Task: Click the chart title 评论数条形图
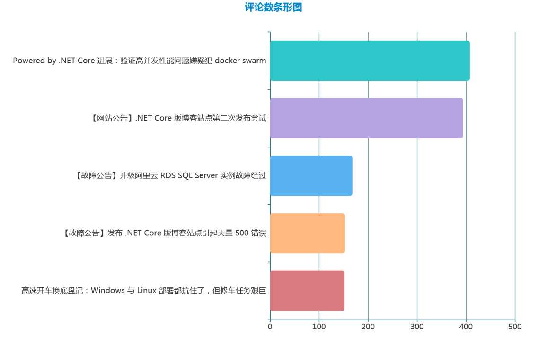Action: point(273,8)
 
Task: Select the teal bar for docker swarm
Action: point(370,61)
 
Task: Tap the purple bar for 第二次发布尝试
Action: point(366,118)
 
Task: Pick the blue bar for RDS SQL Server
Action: point(311,176)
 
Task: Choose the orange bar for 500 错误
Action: point(307,233)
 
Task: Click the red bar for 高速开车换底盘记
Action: point(307,291)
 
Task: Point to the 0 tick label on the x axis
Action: point(270,327)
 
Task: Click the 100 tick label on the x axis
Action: point(319,327)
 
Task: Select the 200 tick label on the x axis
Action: point(368,327)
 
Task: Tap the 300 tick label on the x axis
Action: point(417,327)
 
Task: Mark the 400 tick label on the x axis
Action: point(466,327)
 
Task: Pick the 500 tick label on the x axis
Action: point(515,327)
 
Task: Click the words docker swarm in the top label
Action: point(240,61)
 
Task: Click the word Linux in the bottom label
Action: point(147,291)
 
